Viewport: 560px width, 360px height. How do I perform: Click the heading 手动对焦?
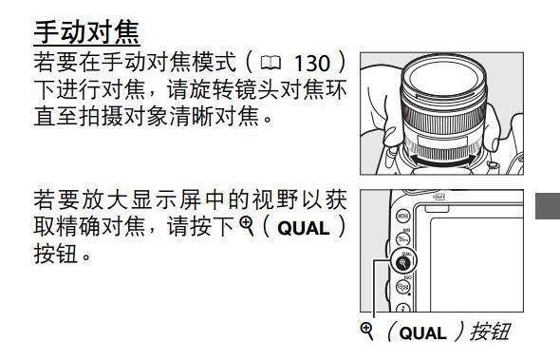[87, 31]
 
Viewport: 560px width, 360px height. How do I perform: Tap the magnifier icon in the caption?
[368, 332]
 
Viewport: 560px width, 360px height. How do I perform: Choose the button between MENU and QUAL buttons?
[402, 241]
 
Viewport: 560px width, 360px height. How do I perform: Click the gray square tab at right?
[549, 204]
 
